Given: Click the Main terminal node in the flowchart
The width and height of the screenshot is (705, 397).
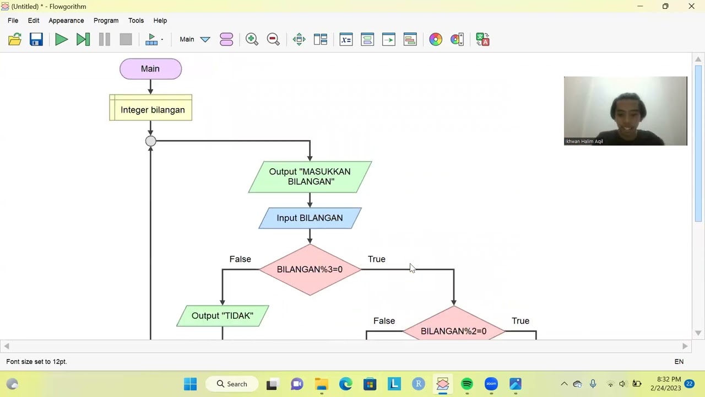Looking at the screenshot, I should point(150,69).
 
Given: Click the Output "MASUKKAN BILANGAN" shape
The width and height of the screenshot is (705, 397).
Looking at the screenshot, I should point(310,177).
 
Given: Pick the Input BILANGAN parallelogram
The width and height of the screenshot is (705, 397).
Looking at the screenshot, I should point(310,218).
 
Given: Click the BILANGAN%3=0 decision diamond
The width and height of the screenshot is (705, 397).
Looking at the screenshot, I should point(310,270).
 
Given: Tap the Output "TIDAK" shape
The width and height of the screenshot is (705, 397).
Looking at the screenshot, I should point(223,316).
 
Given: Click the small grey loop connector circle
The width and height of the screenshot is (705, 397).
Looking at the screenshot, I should point(150,141).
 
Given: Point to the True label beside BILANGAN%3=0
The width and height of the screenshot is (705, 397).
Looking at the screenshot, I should point(377,259).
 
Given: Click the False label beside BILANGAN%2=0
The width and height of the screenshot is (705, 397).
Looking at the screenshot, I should point(384,321).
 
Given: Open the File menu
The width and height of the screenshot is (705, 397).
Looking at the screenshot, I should point(13,20).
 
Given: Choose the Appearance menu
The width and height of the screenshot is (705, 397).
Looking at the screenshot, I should point(66,20).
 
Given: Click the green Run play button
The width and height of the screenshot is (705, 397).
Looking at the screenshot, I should point(61,39).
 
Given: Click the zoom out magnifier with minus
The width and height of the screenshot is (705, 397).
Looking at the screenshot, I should point(273,39).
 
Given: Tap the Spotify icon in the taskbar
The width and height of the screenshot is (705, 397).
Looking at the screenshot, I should point(467,384).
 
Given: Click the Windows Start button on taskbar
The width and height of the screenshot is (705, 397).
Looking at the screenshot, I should point(190,384).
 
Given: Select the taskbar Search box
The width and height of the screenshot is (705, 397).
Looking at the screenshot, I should point(232,384).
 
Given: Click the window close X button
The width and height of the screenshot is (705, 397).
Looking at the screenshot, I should point(691,7).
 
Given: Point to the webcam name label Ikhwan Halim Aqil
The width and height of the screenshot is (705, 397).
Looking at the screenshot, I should point(584,141).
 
